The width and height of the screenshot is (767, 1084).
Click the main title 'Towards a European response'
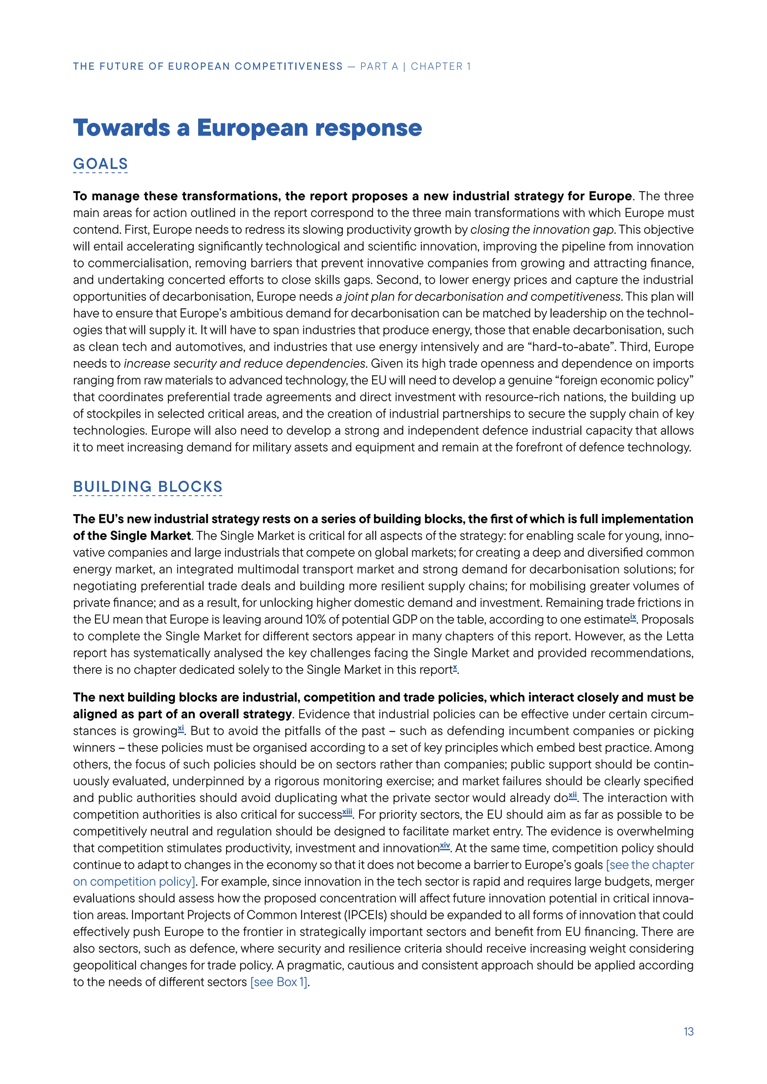[247, 128]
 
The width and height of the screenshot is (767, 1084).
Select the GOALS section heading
[100, 164]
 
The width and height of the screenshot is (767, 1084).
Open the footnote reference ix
[633, 616]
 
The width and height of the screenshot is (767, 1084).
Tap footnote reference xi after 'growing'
[181, 728]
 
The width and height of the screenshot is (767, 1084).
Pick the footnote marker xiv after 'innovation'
[445, 846]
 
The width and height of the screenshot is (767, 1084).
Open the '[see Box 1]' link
[279, 982]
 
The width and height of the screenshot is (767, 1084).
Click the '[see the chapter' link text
[649, 865]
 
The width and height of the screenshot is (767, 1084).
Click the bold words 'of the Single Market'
[132, 536]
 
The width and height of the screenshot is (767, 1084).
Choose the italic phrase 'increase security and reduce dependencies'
[244, 363]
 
